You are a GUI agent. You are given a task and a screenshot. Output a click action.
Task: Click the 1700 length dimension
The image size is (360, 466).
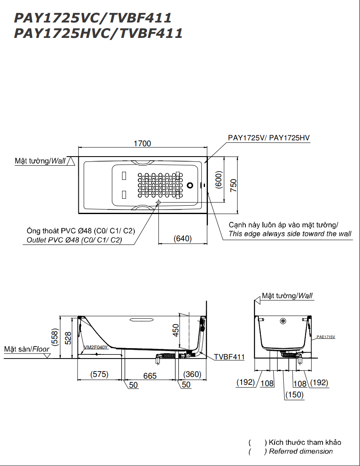coord(142,143)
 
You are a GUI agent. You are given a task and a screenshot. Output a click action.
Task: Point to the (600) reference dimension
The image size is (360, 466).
coord(218,180)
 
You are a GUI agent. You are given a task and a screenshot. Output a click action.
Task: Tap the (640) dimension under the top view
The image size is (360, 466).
coord(182,239)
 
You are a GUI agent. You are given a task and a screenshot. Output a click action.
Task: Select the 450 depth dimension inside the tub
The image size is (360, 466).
coord(176,330)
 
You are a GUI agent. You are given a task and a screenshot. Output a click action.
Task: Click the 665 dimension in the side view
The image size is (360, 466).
coord(150,376)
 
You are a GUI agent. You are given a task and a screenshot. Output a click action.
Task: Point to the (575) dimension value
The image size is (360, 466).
coord(99,374)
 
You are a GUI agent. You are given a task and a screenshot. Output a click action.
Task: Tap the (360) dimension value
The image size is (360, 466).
coord(192,374)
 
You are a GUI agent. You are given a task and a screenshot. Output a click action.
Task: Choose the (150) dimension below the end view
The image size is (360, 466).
coord(294,394)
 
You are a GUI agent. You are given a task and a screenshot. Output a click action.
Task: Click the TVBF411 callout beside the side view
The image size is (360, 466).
coord(229,357)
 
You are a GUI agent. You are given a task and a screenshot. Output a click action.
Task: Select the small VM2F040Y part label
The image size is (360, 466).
coord(96,347)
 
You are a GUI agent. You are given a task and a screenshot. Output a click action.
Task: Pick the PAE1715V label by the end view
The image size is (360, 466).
coord(325,337)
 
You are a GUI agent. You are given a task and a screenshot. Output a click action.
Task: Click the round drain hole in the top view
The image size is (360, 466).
coord(190,185)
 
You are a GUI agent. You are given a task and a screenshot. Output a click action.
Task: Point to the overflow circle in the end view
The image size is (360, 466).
coord(283,321)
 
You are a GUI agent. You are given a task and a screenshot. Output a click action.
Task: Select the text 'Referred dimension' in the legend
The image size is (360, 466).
coord(301,451)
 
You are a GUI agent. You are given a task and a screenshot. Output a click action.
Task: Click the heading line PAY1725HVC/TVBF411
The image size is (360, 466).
coord(98,33)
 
